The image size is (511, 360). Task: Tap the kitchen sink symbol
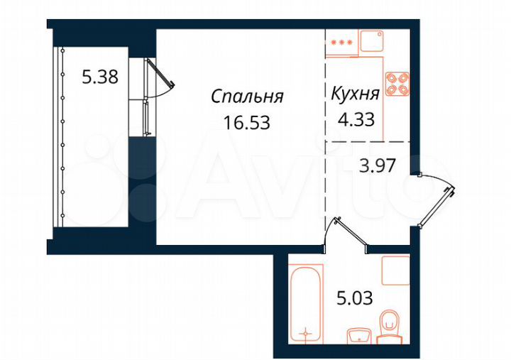371,41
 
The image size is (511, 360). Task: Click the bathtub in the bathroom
307,302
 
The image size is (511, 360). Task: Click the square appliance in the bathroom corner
395,271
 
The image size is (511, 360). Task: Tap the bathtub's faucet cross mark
306,332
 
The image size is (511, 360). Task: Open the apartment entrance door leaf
440,208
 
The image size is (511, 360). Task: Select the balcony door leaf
160,75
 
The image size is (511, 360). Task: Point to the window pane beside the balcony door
145,118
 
